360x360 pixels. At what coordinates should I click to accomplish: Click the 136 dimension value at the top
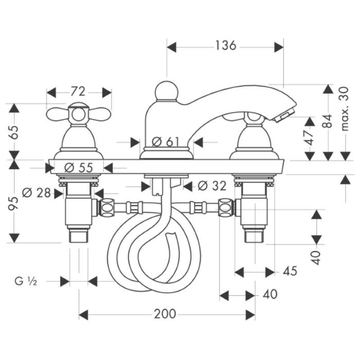(x=225, y=45)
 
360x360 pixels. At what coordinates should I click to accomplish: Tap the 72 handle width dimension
(x=78, y=92)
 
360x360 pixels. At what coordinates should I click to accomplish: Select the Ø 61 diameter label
(x=165, y=141)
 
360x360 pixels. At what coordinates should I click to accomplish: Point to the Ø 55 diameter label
(x=79, y=168)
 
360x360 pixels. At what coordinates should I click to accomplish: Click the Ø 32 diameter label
(x=212, y=186)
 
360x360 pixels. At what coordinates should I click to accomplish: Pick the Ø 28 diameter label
(x=37, y=193)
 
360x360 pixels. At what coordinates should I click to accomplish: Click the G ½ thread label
(x=26, y=281)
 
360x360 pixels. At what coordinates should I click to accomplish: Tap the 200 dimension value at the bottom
(x=165, y=314)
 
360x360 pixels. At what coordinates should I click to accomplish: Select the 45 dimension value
(x=290, y=271)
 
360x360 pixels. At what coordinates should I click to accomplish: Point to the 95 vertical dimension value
(x=13, y=204)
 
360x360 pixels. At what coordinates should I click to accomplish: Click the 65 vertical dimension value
(x=13, y=132)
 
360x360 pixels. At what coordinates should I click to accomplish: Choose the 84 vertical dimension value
(x=327, y=121)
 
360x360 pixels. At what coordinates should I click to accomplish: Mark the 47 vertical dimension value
(x=309, y=138)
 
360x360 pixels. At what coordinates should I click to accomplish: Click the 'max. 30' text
(x=345, y=109)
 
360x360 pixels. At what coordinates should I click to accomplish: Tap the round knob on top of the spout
(x=167, y=91)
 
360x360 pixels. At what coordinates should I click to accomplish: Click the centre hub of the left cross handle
(x=79, y=115)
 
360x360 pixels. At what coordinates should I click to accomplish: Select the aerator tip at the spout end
(x=284, y=115)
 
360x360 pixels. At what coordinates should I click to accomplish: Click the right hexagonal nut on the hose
(x=226, y=208)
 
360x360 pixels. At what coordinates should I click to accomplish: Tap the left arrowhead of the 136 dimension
(x=171, y=47)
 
